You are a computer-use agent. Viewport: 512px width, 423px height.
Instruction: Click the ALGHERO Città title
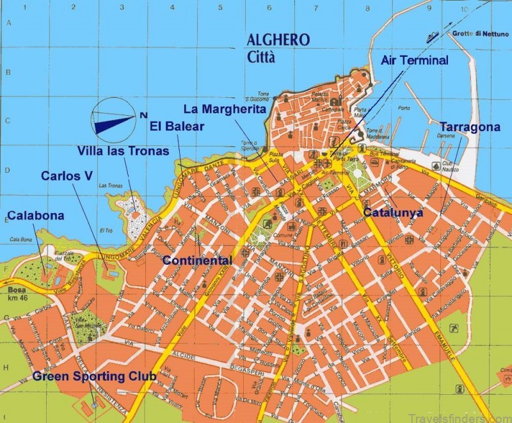[x=278, y=48]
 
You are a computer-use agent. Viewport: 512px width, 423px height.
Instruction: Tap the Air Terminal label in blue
[x=415, y=60]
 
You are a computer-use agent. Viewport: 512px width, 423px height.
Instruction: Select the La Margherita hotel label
[x=224, y=109]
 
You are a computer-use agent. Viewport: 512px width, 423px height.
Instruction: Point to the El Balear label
[x=177, y=126]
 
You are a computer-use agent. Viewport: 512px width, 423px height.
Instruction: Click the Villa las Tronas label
[x=124, y=151]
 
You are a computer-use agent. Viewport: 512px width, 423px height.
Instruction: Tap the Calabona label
[x=35, y=216]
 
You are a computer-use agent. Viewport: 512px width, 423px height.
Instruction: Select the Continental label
[x=197, y=260]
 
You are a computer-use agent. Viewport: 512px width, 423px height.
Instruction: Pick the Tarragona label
[x=470, y=127]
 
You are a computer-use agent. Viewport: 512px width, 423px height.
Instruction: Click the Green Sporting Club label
[x=95, y=376]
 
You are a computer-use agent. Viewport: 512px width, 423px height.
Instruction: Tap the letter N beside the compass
[x=143, y=115]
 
